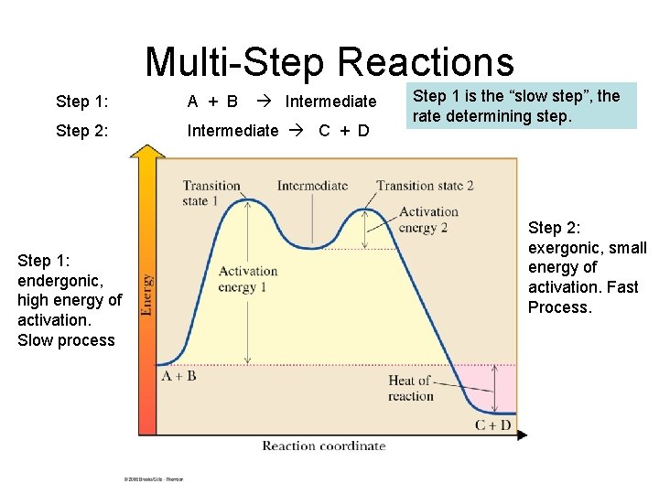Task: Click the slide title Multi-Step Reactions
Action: (329, 62)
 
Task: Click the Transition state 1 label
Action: (211, 193)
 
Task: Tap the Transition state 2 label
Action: (425, 186)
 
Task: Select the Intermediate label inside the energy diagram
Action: (312, 186)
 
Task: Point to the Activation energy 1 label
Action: (248, 279)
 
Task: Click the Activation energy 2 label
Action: (428, 220)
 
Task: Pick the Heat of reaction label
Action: (411, 388)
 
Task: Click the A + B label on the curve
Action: (178, 375)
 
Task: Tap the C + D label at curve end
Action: (493, 424)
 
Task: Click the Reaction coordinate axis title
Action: (324, 446)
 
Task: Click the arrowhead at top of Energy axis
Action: (146, 152)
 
